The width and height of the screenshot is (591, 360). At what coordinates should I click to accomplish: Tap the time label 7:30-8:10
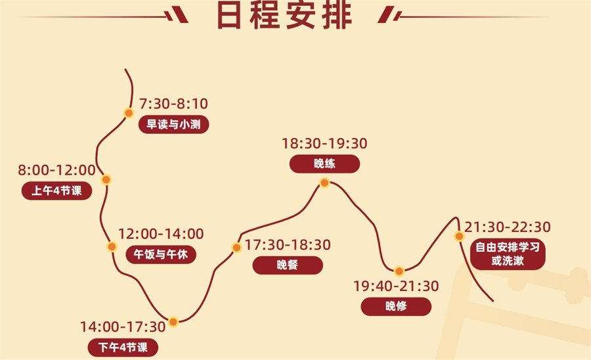coord(174,104)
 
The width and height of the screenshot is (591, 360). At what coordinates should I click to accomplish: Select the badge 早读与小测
coord(174,124)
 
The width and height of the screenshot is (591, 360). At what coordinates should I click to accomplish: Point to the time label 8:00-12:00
coord(56,171)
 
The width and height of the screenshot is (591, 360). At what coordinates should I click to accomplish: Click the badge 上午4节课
coord(56,191)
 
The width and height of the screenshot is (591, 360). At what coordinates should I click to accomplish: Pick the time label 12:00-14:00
coord(160,234)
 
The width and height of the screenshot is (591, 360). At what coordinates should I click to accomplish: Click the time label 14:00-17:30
coord(123,326)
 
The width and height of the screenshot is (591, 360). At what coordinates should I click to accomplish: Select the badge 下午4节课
coord(123,346)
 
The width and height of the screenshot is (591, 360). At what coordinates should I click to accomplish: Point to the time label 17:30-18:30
coord(288,245)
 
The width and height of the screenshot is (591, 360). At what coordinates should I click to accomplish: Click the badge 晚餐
coord(288,265)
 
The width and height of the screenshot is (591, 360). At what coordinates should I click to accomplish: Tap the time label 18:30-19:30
coord(324,143)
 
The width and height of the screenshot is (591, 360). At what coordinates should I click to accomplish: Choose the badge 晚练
coord(324,164)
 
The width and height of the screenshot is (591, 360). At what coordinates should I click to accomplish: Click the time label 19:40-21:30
coord(396,286)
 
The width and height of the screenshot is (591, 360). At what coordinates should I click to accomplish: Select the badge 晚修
coord(396,306)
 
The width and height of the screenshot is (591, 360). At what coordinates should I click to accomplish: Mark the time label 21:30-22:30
coord(508,227)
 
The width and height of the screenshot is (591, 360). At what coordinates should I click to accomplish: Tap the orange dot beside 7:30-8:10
coord(129,113)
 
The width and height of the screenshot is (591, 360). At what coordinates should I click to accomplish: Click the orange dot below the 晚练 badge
coord(324,183)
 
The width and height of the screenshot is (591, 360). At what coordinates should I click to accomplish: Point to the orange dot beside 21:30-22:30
coord(460,236)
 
